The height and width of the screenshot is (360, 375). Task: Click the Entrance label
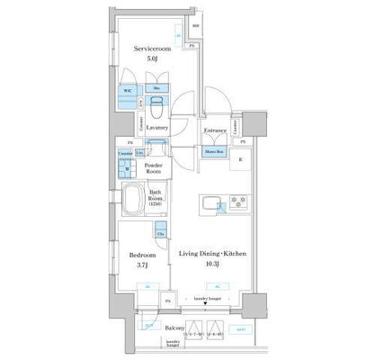coord(214,131)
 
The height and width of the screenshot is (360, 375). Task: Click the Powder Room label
coord(153,167)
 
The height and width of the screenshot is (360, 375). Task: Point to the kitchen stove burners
coord(239,201)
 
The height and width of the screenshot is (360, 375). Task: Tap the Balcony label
coord(176,328)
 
